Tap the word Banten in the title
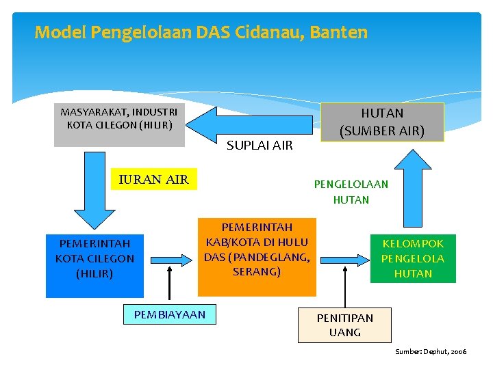[x=339, y=32]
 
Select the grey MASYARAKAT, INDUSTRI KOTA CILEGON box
[x=119, y=124]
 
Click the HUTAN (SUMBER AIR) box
[x=382, y=122]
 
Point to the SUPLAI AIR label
[x=260, y=145]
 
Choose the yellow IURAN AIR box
[x=153, y=179]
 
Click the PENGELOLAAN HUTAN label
[x=351, y=192]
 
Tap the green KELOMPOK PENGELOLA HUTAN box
[x=413, y=258]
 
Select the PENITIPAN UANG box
[x=344, y=325]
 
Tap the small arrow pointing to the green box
[x=346, y=258]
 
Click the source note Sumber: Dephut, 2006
[x=431, y=351]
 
